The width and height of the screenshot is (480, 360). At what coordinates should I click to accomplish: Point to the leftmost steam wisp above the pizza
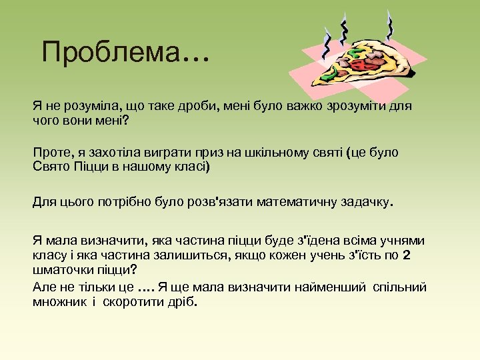[327, 42]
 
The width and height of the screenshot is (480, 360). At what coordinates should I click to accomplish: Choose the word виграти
[163, 153]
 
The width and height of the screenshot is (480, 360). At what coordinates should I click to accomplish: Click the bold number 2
[407, 255]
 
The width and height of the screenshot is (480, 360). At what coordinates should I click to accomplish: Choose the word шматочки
[63, 269]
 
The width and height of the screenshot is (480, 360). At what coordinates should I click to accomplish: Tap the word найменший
[332, 287]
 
